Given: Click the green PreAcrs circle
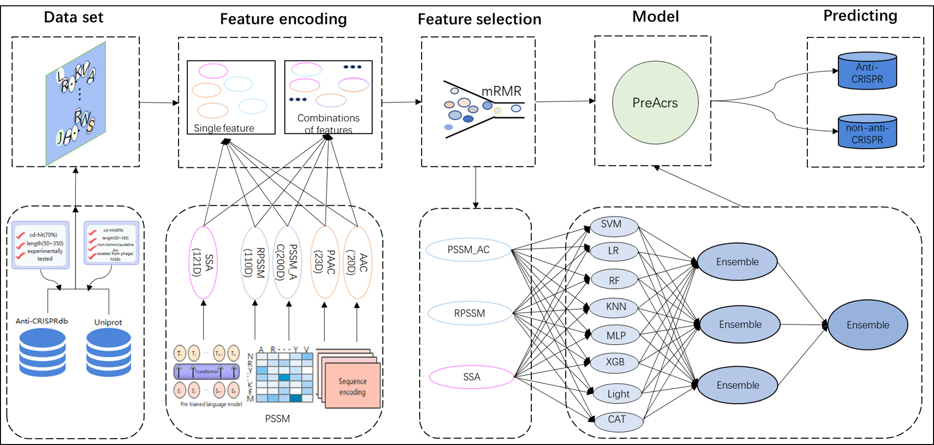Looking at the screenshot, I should [655, 102].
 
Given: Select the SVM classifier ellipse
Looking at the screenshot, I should [614, 225].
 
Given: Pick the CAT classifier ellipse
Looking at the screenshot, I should [618, 420].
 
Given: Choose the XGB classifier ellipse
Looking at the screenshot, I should [615, 363].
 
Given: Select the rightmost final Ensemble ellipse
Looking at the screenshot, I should [868, 325].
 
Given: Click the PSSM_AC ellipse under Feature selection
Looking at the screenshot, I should [469, 250].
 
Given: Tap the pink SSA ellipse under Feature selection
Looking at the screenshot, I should [472, 377].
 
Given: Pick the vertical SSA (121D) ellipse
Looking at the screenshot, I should [203, 263].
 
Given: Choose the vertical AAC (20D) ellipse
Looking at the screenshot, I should [358, 263].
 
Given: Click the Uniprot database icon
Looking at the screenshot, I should [109, 352].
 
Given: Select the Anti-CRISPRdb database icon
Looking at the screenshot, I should [42, 352].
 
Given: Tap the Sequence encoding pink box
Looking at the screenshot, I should [352, 386].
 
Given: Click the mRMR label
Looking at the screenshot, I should [501, 91].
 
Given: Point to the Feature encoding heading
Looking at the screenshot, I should [283, 19].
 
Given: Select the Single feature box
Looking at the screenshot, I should [231, 97].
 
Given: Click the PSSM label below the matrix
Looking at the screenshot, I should [278, 419].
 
